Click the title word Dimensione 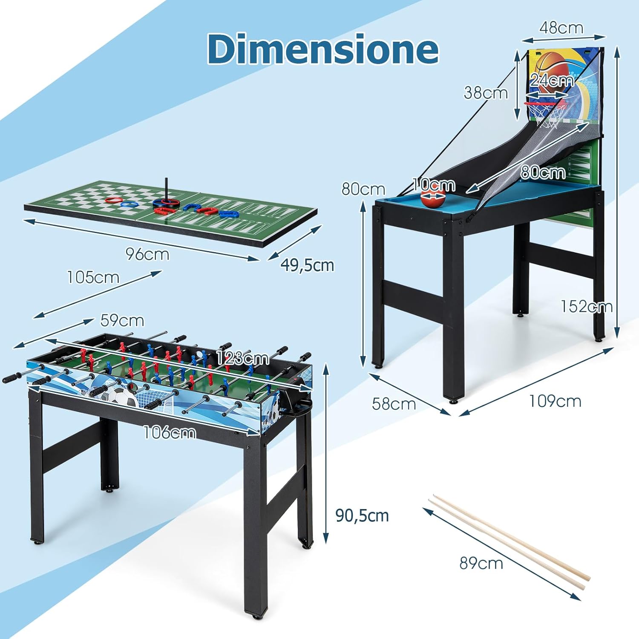(x=323, y=49)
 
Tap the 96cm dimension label (x=147, y=254)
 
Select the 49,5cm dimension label (x=307, y=265)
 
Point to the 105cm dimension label (x=93, y=277)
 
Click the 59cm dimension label (x=122, y=320)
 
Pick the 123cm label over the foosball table (x=243, y=358)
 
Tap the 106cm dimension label (x=170, y=433)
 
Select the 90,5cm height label (x=362, y=515)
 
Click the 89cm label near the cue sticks (x=481, y=563)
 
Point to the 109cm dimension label (x=555, y=401)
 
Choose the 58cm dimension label (x=394, y=404)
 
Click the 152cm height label (x=586, y=306)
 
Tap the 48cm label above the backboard (x=561, y=28)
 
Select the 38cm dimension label (x=486, y=92)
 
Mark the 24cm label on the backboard (x=552, y=80)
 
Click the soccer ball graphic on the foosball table (x=122, y=396)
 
